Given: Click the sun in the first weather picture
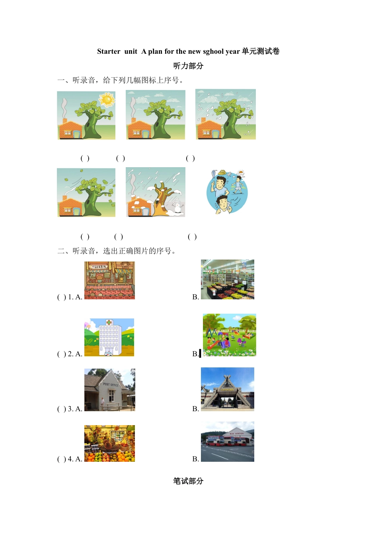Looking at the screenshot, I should (107, 99).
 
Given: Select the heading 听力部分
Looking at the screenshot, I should (188, 66).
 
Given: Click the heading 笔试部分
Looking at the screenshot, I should (188, 481).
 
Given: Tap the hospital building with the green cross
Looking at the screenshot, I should (109, 337).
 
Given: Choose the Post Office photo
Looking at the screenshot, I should (109, 390).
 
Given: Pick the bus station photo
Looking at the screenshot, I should (228, 442).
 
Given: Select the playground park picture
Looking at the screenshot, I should (229, 335).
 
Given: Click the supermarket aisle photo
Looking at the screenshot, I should (228, 279).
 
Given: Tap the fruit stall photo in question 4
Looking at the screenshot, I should (109, 443).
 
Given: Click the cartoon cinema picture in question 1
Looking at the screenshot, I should (109, 280).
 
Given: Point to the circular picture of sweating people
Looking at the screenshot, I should (227, 192).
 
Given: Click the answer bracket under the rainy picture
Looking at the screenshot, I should (191, 158).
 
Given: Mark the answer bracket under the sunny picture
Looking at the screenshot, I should (85, 158).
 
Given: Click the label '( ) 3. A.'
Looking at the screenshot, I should (70, 409).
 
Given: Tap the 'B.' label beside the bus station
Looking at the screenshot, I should (195, 459).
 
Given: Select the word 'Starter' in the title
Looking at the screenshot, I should (109, 51).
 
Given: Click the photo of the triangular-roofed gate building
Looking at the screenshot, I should (228, 389).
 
